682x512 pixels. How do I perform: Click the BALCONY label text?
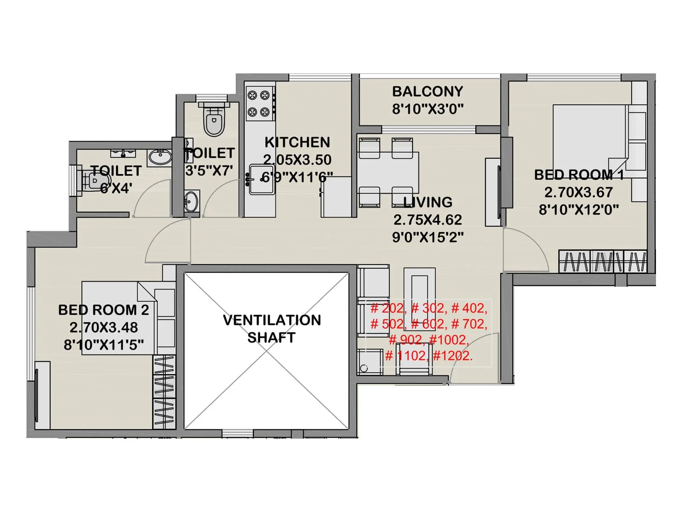[427, 91]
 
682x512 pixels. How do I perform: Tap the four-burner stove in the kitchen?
[259, 104]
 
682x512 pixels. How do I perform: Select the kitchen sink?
[261, 179]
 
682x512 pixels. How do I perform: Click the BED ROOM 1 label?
[578, 175]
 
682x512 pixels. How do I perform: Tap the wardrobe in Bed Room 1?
[603, 261]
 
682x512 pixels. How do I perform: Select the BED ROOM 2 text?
[104, 310]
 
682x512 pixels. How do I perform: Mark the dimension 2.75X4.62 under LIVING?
[428, 220]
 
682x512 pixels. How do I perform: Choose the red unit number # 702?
[469, 324]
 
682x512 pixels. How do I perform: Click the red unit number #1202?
[453, 356]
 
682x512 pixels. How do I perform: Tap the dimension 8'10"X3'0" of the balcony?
[427, 109]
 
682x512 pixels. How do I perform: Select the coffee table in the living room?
[419, 294]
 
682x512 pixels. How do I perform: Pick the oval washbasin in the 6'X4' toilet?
[160, 158]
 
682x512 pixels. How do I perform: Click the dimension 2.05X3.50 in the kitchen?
[297, 160]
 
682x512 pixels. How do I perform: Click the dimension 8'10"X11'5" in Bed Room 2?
[104, 345]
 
